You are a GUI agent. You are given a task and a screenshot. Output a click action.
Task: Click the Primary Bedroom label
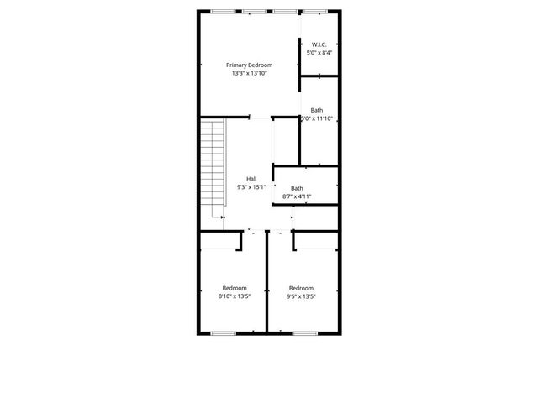[x=248, y=65]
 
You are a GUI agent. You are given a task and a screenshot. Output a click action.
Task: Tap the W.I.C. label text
[x=319, y=44]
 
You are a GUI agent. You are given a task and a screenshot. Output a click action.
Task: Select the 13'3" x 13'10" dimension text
[x=248, y=74]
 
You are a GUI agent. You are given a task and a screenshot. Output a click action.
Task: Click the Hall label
[x=251, y=178]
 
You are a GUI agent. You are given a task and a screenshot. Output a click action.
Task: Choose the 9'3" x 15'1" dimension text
[x=251, y=187]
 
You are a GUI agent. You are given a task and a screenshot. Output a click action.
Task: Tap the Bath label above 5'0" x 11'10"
[x=317, y=110]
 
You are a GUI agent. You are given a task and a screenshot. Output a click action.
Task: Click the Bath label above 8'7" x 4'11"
[x=298, y=188]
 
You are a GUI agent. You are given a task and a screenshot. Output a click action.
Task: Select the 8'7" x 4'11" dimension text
[x=298, y=197]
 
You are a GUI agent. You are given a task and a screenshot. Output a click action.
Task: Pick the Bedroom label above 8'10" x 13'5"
[x=234, y=287]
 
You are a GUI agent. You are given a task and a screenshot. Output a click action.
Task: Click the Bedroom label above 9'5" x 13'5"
[x=301, y=287]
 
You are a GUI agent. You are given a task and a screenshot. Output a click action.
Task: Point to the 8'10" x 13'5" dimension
[x=234, y=296]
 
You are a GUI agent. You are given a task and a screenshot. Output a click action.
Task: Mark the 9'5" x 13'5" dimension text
[x=301, y=296]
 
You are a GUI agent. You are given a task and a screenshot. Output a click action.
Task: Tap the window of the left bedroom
[x=222, y=333]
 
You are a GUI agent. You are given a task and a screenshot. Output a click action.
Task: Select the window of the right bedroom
[x=303, y=333]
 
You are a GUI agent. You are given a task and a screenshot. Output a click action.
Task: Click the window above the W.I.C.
[x=316, y=11]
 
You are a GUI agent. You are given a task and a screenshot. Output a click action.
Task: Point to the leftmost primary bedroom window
[x=223, y=11]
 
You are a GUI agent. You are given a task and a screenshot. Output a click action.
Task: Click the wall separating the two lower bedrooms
[x=266, y=285]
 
